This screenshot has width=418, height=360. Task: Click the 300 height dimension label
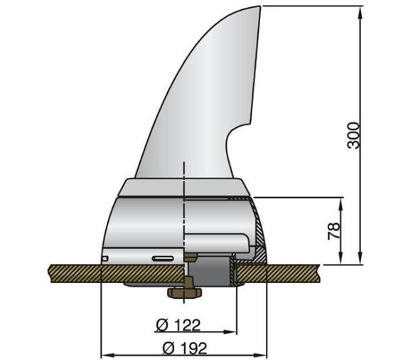coord(353,135)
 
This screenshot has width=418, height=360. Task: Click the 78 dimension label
coord(333,230)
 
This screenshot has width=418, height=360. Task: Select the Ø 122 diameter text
coord(178,325)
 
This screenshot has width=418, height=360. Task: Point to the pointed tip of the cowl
coord(259,7)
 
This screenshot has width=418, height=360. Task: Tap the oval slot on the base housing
coord(162,256)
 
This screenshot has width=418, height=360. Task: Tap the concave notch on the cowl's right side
coord(231,142)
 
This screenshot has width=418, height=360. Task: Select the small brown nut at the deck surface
coord(190,257)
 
